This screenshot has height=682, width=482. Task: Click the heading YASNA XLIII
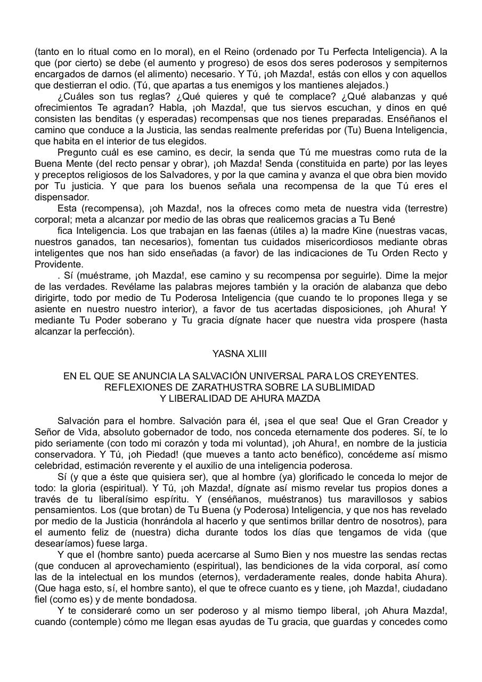point(239,354)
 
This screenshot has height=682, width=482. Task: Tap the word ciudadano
point(423,588)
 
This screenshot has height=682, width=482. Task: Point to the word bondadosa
point(166,599)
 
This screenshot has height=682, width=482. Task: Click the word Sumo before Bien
point(250,555)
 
